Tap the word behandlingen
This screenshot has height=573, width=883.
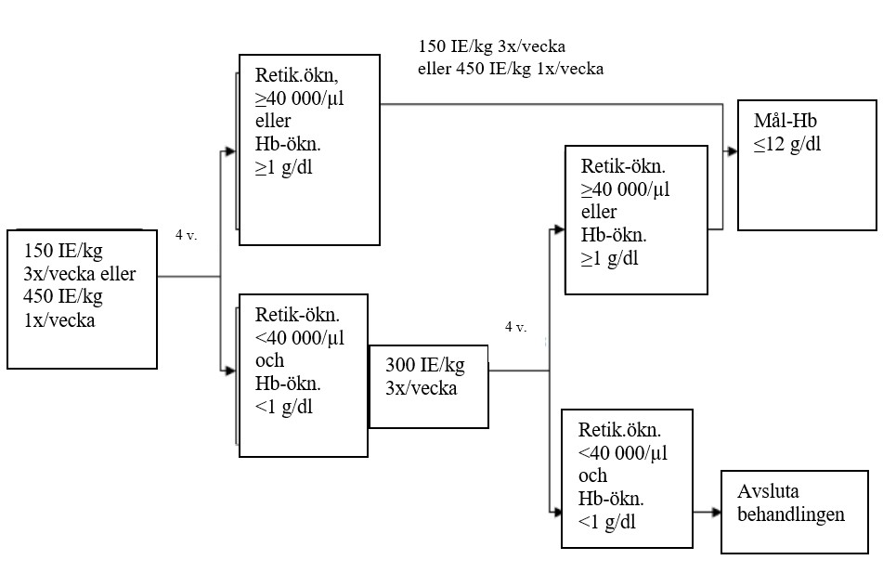[791, 514]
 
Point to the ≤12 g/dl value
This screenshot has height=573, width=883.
[788, 144]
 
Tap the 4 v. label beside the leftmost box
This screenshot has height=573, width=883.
[186, 235]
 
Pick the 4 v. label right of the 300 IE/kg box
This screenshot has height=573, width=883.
[515, 327]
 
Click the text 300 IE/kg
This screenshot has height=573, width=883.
[424, 366]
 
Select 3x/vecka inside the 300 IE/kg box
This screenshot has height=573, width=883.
[422, 387]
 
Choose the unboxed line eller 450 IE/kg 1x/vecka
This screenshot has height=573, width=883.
[511, 68]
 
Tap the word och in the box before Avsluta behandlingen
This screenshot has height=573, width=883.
[592, 475]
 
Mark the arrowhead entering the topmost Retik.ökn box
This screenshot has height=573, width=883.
[233, 150]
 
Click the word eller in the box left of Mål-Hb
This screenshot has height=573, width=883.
[599, 213]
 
